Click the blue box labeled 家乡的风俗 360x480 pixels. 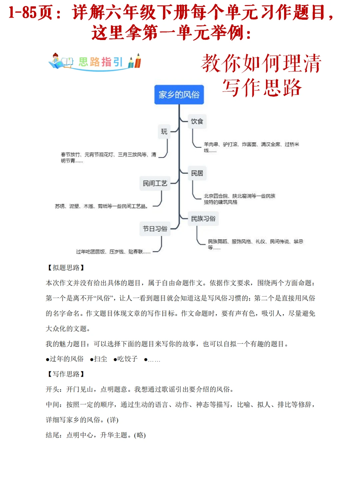tap(179, 95)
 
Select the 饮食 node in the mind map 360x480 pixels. tap(197, 121)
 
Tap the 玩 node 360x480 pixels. tap(164, 132)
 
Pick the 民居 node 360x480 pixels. tap(197, 173)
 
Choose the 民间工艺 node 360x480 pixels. tap(155, 183)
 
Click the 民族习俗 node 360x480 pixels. tap(203, 219)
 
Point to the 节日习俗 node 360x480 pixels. tap(155, 229)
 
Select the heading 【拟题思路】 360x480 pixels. tap(66, 268)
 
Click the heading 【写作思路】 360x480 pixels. tap(66, 374)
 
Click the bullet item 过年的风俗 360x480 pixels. tap(66, 359)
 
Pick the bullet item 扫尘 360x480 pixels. tap(100, 359)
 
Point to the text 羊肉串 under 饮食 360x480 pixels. tap(211, 144)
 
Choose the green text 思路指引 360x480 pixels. tap(101, 62)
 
